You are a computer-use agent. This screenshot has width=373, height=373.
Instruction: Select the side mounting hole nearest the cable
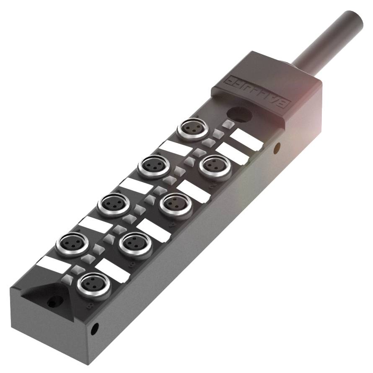(277, 147)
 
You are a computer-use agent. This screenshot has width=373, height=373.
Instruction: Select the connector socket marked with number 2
(212, 167)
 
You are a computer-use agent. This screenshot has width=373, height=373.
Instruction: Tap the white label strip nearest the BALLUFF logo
(247, 139)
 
